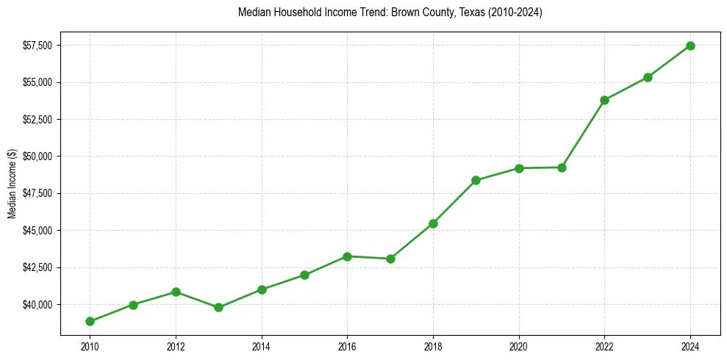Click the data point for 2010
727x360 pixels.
tap(90, 321)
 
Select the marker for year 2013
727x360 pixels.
tap(218, 307)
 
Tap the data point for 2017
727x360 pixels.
tap(390, 259)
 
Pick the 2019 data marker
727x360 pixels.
tap(476, 180)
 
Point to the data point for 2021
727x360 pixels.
tap(562, 168)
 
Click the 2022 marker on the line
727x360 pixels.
tap(604, 100)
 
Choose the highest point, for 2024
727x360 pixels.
tap(690, 46)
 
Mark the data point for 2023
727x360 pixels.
tap(648, 77)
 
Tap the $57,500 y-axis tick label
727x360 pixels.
tap(37, 46)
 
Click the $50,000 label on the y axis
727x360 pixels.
tap(37, 156)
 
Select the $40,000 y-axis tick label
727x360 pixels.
tap(37, 304)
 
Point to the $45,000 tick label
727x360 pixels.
tap(37, 231)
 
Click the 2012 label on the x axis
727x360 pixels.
tap(176, 345)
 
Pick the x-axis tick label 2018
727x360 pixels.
tap(433, 345)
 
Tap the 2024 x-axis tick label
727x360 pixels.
tap(690, 345)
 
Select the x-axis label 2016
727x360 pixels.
tap(347, 345)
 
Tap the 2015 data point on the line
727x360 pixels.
tap(304, 275)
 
